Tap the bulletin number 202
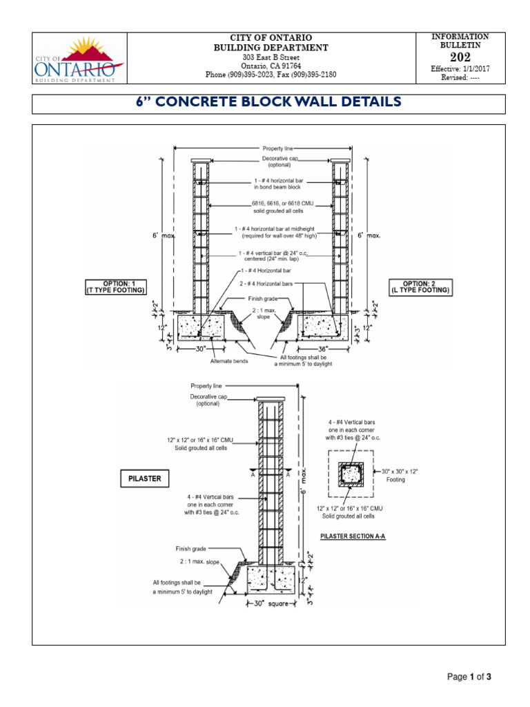(460, 57)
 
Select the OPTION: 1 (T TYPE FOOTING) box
(115, 287)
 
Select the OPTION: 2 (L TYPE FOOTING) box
(420, 287)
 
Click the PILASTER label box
(144, 478)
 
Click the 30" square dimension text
(271, 606)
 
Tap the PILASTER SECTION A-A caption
(353, 535)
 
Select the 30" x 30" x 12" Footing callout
(399, 475)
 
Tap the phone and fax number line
(271, 74)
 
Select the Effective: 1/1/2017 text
(460, 69)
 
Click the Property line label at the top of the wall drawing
(276, 148)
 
